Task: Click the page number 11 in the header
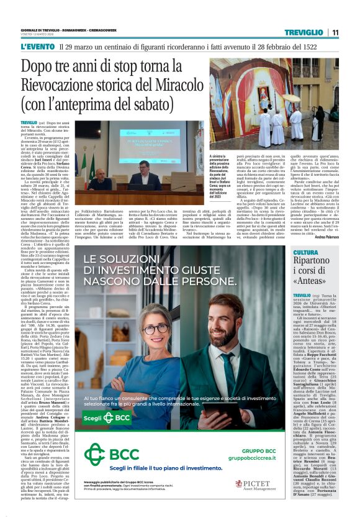pos(335,32)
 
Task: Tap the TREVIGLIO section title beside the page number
pos(304,32)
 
